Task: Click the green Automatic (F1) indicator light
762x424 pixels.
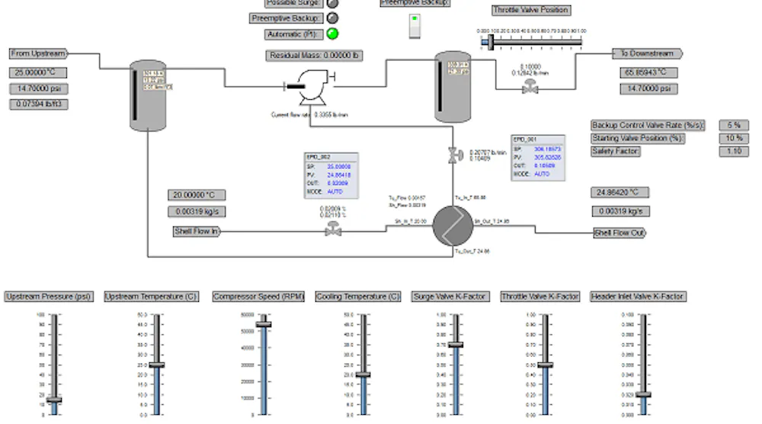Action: point(332,34)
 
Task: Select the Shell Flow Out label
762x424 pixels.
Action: point(620,233)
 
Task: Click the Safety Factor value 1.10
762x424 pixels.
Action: point(734,152)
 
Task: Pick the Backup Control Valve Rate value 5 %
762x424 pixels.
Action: point(734,125)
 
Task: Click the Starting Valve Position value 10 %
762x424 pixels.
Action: point(734,138)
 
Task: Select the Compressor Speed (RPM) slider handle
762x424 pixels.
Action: point(264,325)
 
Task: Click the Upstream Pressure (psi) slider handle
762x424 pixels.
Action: point(54,400)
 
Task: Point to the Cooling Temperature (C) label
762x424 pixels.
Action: point(358,297)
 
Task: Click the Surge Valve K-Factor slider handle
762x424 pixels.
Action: point(456,345)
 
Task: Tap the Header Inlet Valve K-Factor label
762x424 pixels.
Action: point(638,297)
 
